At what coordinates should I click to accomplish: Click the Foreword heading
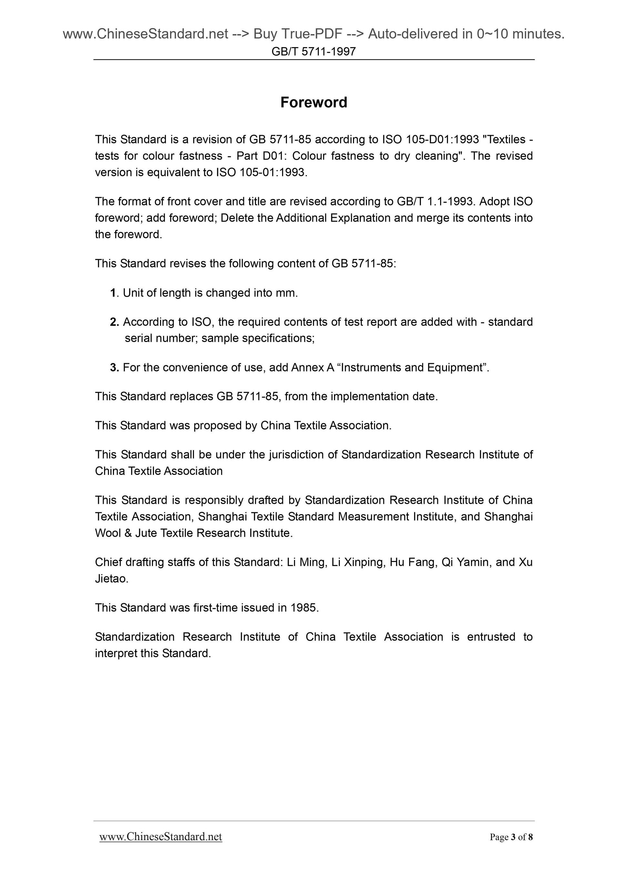[x=313, y=103]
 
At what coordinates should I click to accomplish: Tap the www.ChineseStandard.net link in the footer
[x=161, y=837]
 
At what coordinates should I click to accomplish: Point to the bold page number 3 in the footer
[x=513, y=837]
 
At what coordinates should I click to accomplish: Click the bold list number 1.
[x=113, y=293]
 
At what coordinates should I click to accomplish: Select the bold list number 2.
[x=114, y=322]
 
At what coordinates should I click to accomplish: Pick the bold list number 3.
[x=114, y=367]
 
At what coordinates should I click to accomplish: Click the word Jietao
[x=110, y=579]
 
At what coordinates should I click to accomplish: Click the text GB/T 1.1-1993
[x=434, y=202]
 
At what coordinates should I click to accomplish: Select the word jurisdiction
[x=296, y=455]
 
